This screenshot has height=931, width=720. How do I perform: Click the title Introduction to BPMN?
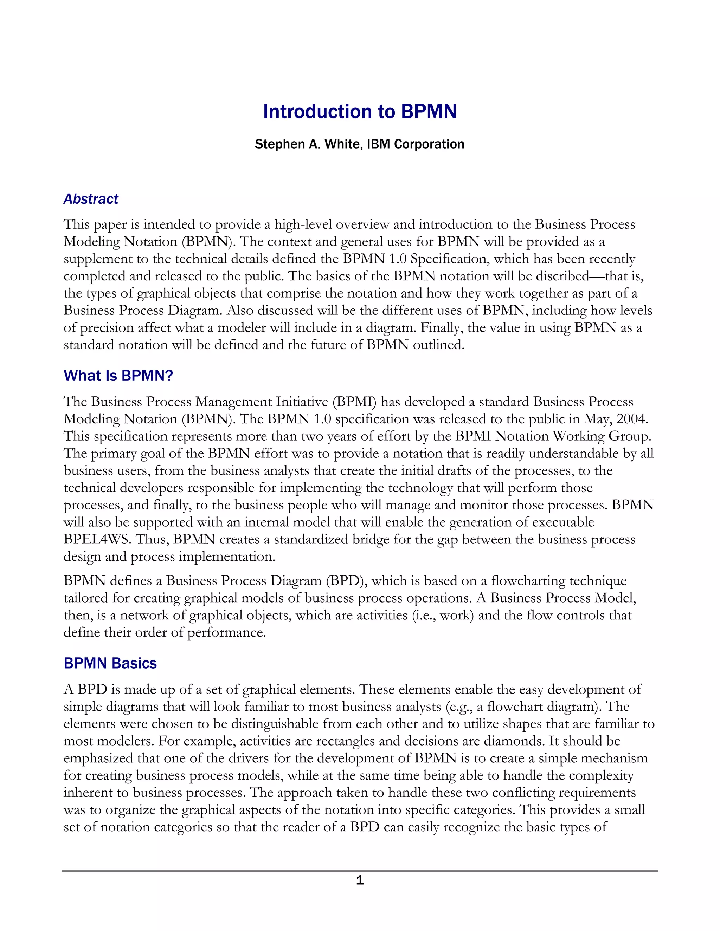tap(360, 112)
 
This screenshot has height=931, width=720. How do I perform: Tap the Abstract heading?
tap(91, 199)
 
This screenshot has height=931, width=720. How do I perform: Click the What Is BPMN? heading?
tap(118, 376)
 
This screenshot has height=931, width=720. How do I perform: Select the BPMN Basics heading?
tap(110, 663)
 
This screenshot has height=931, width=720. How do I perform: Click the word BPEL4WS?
tap(96, 540)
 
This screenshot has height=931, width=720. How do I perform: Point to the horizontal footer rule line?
tap(360, 871)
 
